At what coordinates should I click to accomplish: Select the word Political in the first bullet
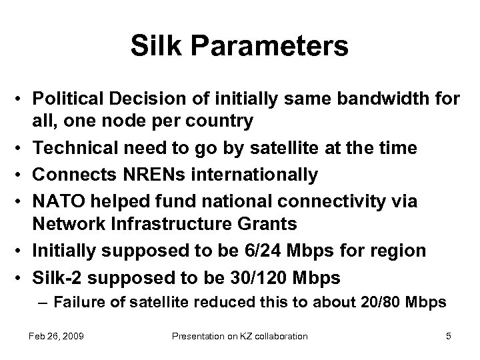point(68,99)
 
